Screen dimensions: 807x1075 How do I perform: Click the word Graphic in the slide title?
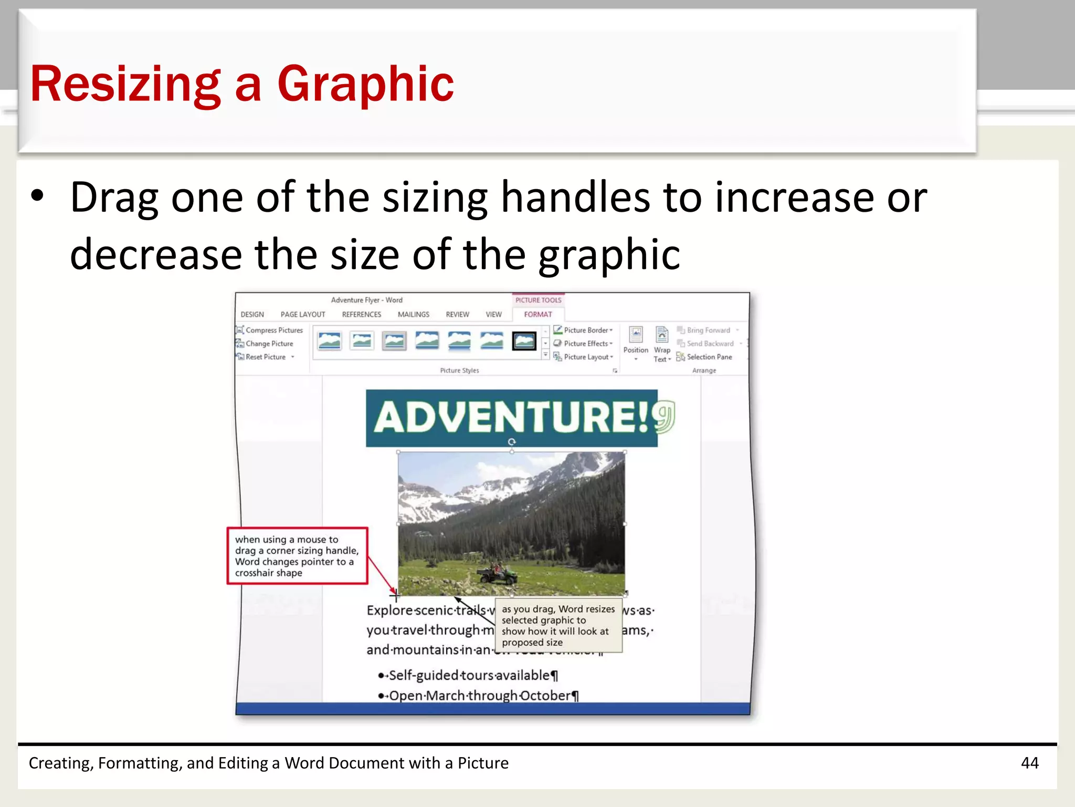365,84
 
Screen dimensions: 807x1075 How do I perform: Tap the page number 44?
1029,763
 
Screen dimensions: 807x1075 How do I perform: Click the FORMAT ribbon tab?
538,314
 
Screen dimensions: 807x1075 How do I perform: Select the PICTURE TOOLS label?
538,300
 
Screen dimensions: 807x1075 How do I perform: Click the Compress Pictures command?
273,330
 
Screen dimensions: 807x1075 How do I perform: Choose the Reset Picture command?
266,357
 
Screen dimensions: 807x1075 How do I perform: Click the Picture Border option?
585,330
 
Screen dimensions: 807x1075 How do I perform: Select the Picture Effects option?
585,344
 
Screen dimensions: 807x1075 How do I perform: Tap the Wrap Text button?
662,345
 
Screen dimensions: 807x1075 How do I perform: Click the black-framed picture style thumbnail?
524,342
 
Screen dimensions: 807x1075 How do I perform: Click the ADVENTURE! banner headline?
512,417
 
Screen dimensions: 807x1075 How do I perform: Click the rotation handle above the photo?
512,442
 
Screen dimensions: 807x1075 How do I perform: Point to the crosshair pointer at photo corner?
396,595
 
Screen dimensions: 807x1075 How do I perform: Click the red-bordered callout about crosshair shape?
297,556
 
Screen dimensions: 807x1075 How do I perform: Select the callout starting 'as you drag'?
558,625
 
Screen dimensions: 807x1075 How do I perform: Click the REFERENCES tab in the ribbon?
361,314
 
